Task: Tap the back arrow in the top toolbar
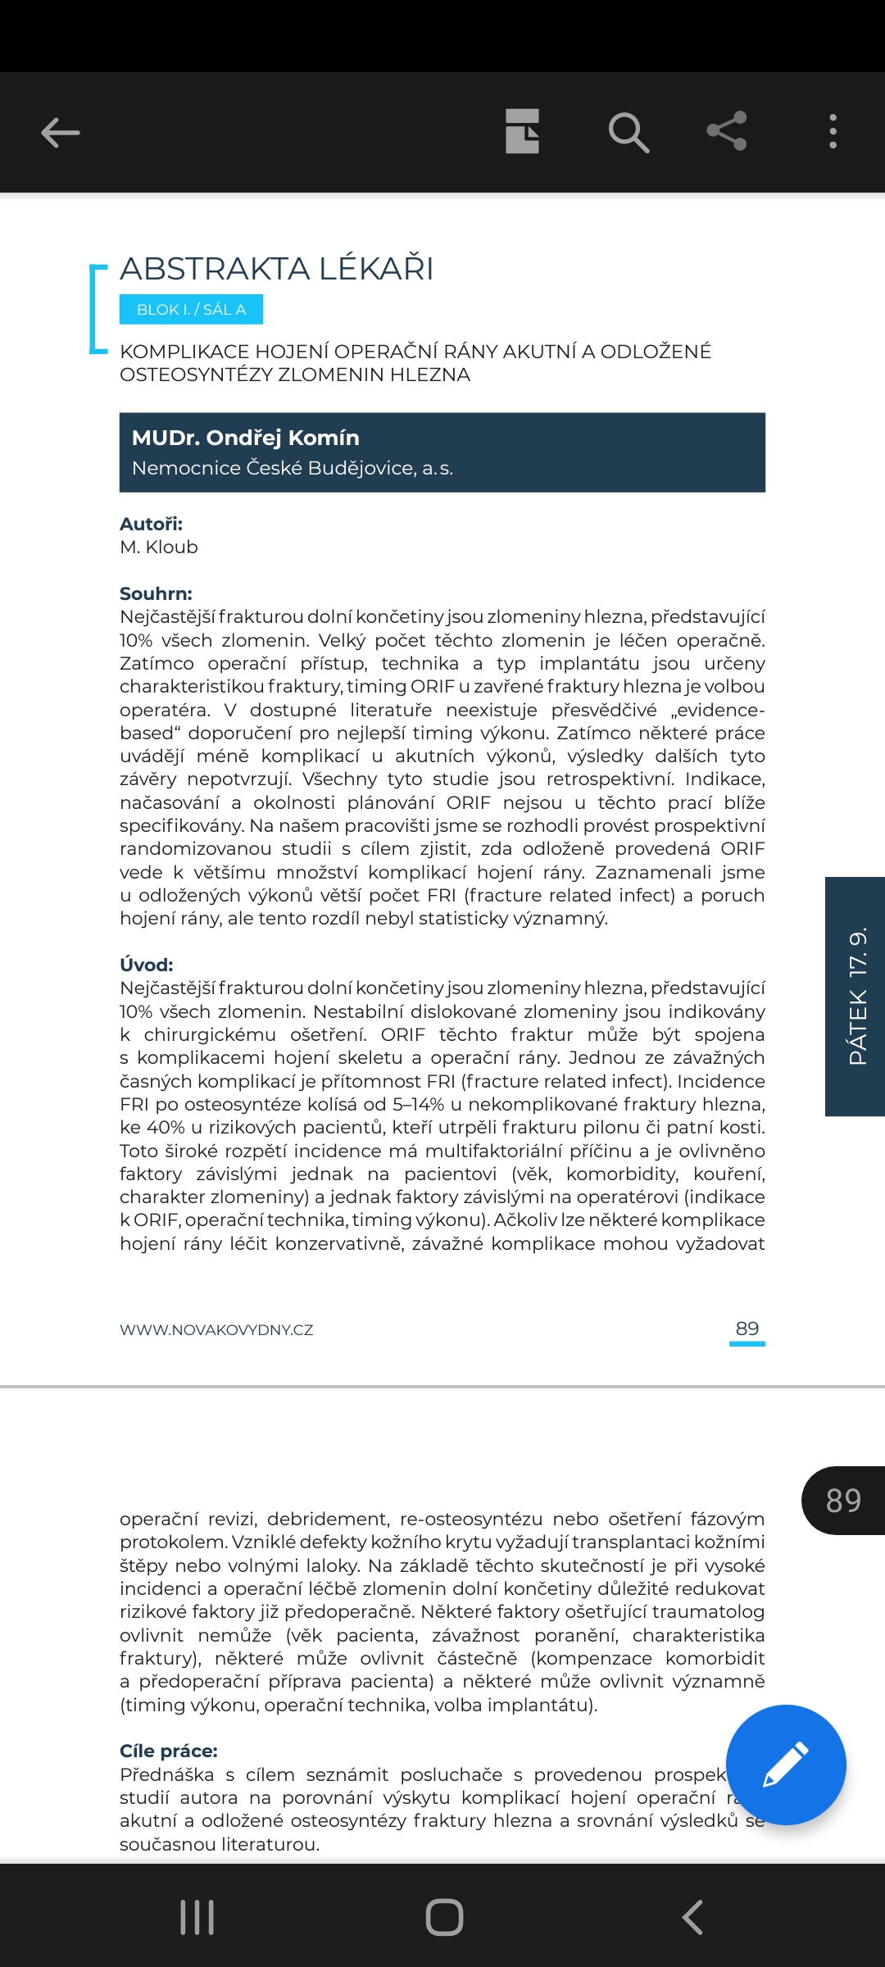tap(61, 132)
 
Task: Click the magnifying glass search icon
tap(629, 132)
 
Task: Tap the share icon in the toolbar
tap(727, 131)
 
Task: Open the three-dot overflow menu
tap(833, 131)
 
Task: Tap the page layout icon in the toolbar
tap(522, 131)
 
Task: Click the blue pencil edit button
tap(785, 1765)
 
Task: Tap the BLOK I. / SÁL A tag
tap(191, 310)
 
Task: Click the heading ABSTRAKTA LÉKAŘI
tap(277, 269)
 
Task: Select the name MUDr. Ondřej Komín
tap(246, 438)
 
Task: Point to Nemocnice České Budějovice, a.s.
tap(293, 468)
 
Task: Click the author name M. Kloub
tap(159, 547)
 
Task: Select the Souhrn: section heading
tap(156, 593)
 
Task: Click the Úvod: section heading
tap(147, 965)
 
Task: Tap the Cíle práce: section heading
tap(169, 1751)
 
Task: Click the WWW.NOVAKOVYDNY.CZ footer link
tap(216, 1329)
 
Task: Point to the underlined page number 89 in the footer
tap(747, 1329)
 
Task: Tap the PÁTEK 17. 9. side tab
tap(856, 996)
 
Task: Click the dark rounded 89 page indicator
tap(843, 1500)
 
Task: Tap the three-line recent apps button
tap(197, 1917)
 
